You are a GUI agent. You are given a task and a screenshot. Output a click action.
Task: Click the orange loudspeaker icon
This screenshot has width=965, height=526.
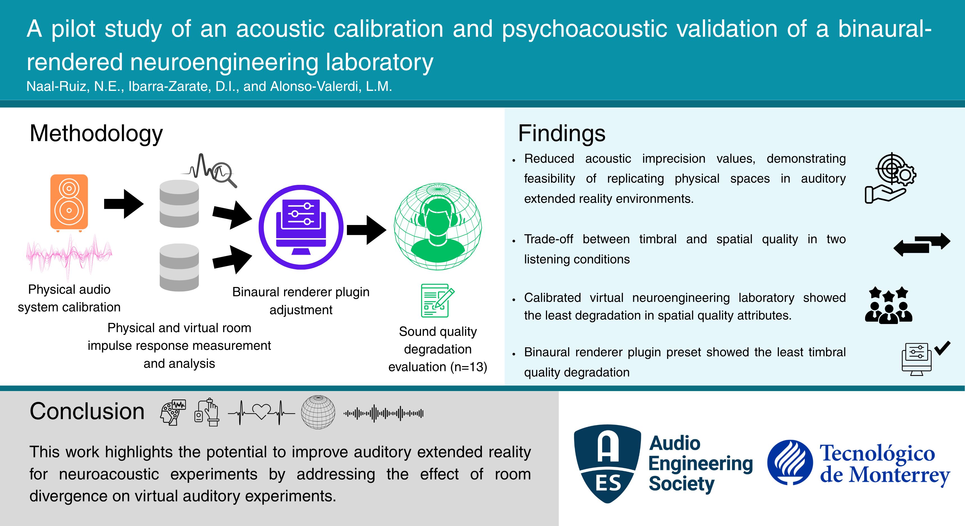pyautogui.click(x=69, y=202)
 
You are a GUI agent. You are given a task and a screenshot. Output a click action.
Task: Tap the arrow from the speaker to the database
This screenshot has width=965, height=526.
pyautogui.click(x=124, y=204)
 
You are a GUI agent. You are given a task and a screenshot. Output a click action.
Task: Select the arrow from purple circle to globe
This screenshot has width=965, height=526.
pyautogui.click(x=366, y=230)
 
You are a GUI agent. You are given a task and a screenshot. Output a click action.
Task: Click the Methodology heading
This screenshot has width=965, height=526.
pyautogui.click(x=96, y=133)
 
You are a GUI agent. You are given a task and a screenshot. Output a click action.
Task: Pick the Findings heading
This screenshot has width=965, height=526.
pyautogui.click(x=562, y=133)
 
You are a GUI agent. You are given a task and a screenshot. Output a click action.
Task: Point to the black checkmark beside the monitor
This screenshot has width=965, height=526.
pyautogui.click(x=942, y=348)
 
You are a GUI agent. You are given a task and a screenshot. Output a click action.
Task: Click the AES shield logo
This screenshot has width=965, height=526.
pyautogui.click(x=607, y=463)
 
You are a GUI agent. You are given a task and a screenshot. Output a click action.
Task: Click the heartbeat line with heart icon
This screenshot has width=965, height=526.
pyautogui.click(x=261, y=413)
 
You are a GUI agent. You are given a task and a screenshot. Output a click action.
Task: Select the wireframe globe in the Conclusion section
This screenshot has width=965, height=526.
pyautogui.click(x=318, y=412)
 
